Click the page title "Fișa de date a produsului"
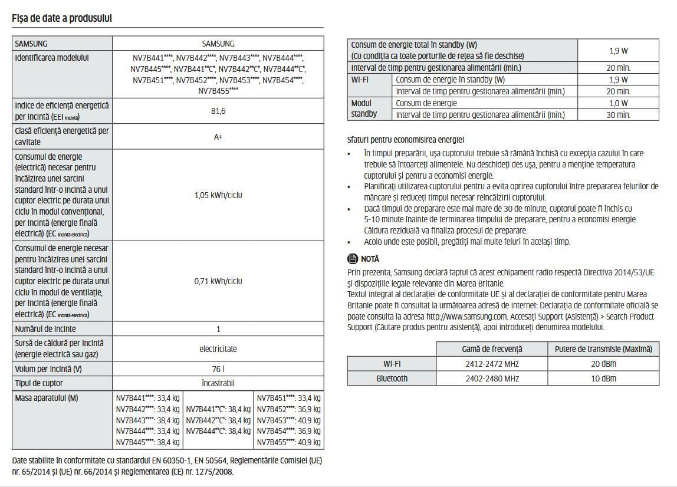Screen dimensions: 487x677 [x=62, y=18]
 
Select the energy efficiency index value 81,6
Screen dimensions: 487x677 [x=218, y=111]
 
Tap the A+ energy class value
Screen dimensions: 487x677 [x=218, y=137]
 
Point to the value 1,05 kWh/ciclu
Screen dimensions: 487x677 [x=218, y=195]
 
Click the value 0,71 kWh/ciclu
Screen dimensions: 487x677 [x=218, y=281]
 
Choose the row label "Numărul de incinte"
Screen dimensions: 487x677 [x=45, y=329]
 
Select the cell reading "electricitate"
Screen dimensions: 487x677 [x=218, y=348]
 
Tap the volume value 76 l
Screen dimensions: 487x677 [x=218, y=369]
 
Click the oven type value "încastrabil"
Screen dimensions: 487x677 [x=218, y=383]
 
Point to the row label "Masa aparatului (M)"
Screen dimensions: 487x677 [x=47, y=398]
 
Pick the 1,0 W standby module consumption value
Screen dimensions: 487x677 [x=618, y=103]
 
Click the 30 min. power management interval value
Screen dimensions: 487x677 [x=618, y=115]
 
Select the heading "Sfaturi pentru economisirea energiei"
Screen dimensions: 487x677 [x=406, y=140]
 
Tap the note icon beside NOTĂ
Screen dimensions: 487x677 [x=353, y=259]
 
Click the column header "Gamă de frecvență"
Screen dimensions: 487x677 [x=492, y=349]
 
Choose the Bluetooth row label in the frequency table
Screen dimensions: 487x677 [x=392, y=379]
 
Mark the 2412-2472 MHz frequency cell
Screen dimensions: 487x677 [x=492, y=364]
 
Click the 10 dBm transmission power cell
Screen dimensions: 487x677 [x=603, y=379]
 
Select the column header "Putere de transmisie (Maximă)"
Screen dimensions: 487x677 [x=603, y=349]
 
